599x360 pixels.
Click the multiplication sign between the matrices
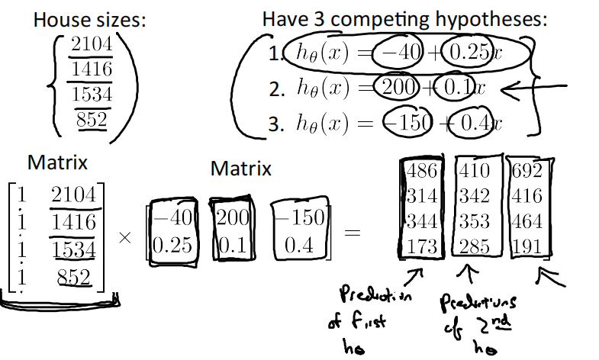(x=126, y=238)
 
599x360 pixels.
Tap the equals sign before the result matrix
(x=352, y=233)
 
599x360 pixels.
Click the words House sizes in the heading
(x=90, y=20)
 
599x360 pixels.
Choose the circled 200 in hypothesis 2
(x=397, y=88)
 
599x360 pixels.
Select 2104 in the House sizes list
(x=92, y=45)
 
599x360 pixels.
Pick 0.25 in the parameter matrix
(x=173, y=246)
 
